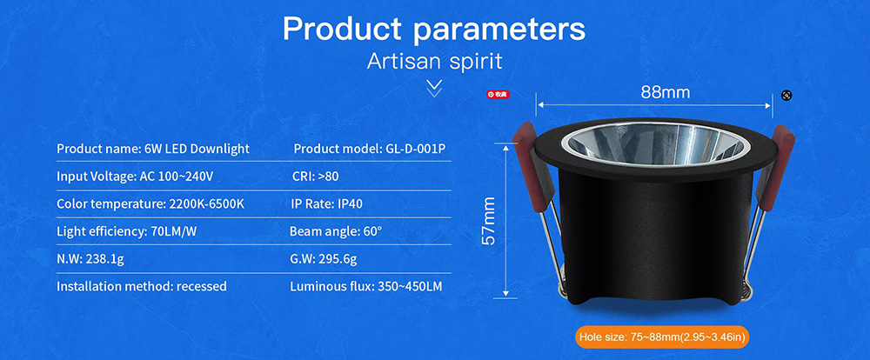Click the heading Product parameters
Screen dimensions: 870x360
[434, 29]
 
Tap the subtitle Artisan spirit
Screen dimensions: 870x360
[434, 61]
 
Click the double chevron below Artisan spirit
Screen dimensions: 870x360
[434, 88]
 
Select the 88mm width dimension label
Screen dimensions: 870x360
[666, 92]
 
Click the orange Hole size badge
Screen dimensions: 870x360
[663, 337]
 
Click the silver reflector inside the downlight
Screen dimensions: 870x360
[656, 143]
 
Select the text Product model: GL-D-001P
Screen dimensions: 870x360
[370, 149]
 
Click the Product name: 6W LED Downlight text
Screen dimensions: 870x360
[153, 149]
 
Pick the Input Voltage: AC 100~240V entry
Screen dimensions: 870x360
[135, 177]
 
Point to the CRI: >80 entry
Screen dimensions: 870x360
[315, 177]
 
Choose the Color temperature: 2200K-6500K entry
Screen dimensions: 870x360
[151, 203]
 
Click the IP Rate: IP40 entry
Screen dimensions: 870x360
[327, 203]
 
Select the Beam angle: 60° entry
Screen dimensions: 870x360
[336, 231]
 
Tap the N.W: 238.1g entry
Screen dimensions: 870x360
[90, 259]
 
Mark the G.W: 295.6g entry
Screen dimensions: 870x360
[323, 259]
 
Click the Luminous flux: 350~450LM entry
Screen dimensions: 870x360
[366, 287]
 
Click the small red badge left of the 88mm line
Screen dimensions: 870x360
[498, 94]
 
